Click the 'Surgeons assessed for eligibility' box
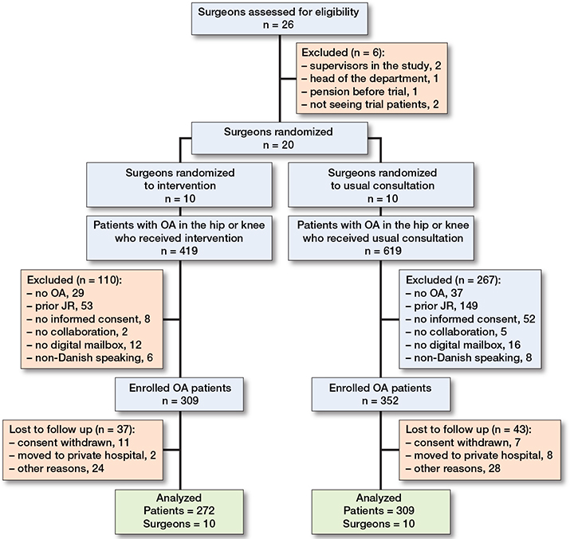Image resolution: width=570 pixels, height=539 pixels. (280, 19)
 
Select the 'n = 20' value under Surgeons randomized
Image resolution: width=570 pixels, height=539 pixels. (278, 145)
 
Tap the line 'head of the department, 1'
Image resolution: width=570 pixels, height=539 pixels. (370, 78)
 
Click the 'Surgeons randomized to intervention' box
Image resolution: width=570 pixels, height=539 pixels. (179, 186)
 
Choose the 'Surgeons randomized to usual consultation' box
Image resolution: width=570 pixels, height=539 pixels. (381, 186)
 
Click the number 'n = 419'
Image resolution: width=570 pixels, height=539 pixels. (179, 251)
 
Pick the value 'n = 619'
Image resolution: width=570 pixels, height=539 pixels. (383, 251)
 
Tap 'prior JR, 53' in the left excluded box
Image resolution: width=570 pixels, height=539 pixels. (60, 306)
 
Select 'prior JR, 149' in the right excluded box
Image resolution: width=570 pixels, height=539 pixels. (442, 306)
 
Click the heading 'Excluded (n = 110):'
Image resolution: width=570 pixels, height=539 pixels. (74, 280)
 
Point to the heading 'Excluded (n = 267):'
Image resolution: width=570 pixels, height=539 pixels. (454, 280)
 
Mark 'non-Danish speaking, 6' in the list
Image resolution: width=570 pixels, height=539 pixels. (90, 358)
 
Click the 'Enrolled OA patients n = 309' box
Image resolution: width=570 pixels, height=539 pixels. (179, 394)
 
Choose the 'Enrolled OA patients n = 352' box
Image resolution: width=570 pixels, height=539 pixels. (380, 394)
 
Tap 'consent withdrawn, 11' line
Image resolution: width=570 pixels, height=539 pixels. (69, 443)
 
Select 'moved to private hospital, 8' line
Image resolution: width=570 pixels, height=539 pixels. (479, 455)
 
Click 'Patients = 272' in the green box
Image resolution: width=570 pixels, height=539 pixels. (179, 510)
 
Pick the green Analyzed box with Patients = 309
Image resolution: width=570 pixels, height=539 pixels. (380, 512)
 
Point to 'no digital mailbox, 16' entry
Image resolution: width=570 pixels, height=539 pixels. (463, 345)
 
